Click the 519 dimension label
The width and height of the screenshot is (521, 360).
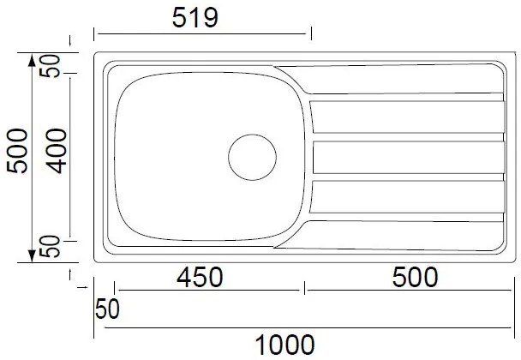pyautogui.click(x=195, y=17)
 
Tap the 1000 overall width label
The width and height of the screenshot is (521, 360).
pyautogui.click(x=284, y=345)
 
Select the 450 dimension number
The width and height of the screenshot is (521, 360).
pyautogui.click(x=200, y=277)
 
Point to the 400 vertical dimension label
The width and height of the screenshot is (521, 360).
pyautogui.click(x=57, y=151)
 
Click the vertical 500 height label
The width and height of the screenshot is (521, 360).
pyautogui.click(x=17, y=151)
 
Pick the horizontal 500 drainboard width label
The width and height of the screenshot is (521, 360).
pyautogui.click(x=415, y=277)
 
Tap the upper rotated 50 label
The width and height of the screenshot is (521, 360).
pyautogui.click(x=50, y=66)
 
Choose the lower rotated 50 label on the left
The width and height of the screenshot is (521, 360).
pyautogui.click(x=50, y=246)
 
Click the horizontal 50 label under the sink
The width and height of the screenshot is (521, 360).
pyautogui.click(x=107, y=309)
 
